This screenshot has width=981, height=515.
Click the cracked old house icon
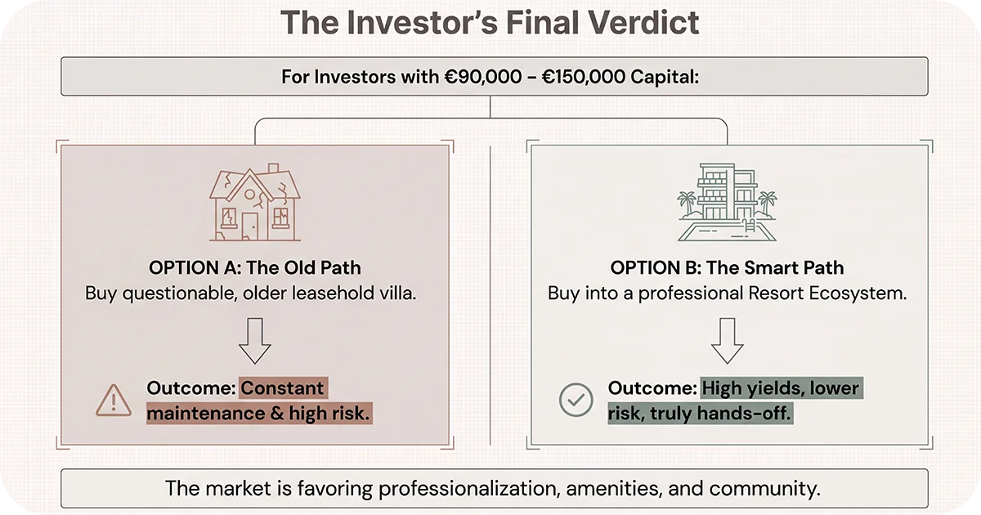pyautogui.click(x=254, y=205)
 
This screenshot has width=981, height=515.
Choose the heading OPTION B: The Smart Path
pyautogui.click(x=727, y=268)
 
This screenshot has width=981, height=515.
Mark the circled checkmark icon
pyautogui.click(x=576, y=400)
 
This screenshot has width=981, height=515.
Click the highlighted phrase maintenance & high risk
pyautogui.click(x=258, y=414)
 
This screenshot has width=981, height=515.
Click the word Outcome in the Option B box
pyautogui.click(x=651, y=388)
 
